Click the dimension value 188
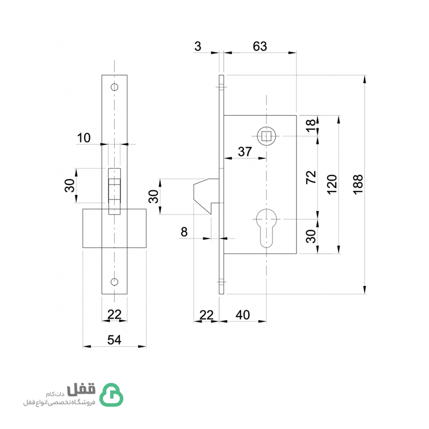click(358, 184)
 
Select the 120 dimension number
click(332, 184)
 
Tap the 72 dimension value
click(311, 177)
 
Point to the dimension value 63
click(260, 46)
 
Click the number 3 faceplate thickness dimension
click(198, 46)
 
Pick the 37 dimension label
click(245, 152)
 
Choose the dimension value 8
click(184, 232)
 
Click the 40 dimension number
click(242, 315)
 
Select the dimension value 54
click(114, 340)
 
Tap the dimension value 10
click(84, 138)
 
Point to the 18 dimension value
click(311, 125)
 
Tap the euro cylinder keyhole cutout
click(266, 227)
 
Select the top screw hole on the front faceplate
click(114, 87)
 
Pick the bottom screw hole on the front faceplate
click(114, 282)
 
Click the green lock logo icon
click(111, 395)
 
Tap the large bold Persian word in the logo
click(82, 389)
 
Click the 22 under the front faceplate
click(114, 314)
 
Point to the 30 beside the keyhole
click(311, 236)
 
